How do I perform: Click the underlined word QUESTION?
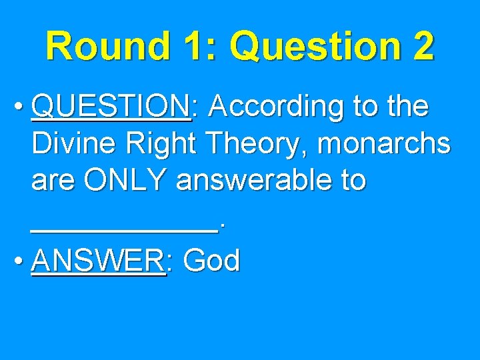(x=110, y=107)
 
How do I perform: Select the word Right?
(x=156, y=145)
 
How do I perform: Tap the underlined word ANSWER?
(x=97, y=261)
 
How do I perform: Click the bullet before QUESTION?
(x=20, y=107)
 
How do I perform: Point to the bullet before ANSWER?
(x=20, y=262)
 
